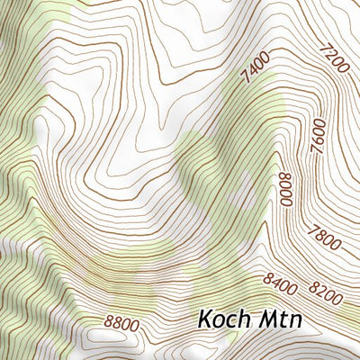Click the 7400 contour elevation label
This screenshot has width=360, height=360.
tap(256, 68)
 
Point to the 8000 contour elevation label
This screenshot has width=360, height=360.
tap(286, 190)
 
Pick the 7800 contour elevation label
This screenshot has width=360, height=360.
tap(324, 239)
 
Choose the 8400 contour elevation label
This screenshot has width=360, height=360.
tap(279, 283)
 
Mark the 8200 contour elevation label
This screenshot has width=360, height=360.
tap(325, 290)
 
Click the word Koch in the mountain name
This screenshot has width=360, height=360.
tap(224, 319)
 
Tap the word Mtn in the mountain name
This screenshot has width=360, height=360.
tap(280, 319)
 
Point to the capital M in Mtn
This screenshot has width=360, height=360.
tap(265, 319)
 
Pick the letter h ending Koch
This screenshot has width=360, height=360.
tap(244, 319)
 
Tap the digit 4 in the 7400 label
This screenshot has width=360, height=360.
tap(251, 72)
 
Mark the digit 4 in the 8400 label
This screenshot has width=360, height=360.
tap(275, 283)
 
